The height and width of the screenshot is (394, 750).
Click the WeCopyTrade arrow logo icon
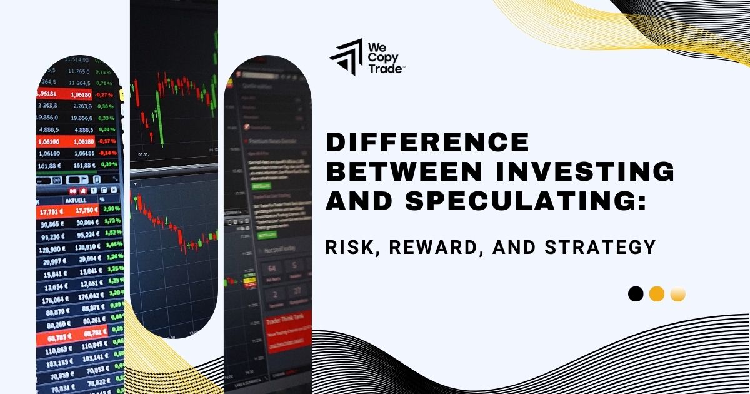tap(346, 57)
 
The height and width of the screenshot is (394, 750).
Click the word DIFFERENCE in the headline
tap(427, 143)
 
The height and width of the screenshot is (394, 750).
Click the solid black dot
tap(636, 294)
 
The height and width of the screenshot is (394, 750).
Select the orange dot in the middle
tap(657, 294)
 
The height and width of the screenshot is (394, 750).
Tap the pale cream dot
tap(678, 294)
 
